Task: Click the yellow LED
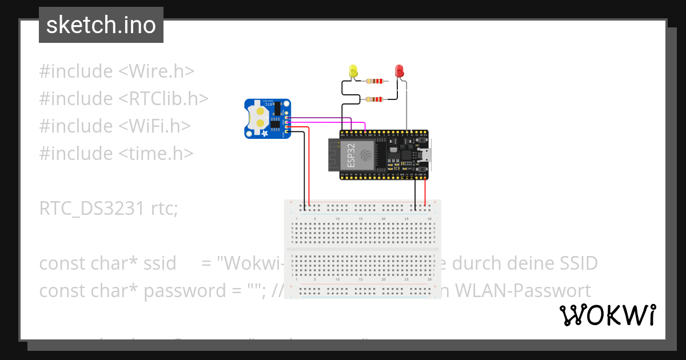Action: point(353,71)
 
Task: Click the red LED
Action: point(400,71)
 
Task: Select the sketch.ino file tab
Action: point(101,25)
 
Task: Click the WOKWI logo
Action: point(607,315)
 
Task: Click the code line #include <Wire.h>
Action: point(117,71)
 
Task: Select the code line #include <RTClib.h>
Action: point(123,99)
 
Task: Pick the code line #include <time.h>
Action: point(117,154)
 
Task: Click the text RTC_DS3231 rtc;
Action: point(109,209)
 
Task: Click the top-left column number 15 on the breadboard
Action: point(361,219)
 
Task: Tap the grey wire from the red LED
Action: point(406,106)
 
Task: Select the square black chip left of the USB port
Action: point(406,154)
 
